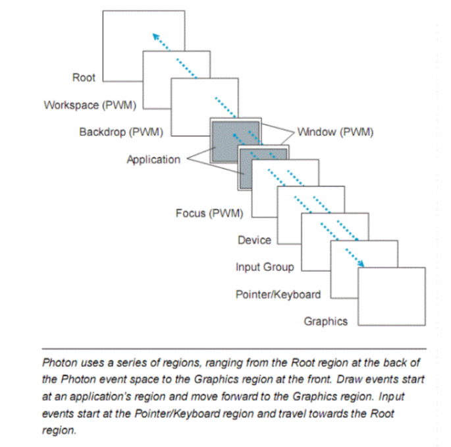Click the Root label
(x=84, y=78)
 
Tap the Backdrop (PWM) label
(x=121, y=131)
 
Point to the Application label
(x=153, y=160)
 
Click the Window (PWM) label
(x=335, y=131)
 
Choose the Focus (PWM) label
(x=209, y=213)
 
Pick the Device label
(x=254, y=240)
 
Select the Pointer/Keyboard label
(x=278, y=294)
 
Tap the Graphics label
(x=325, y=321)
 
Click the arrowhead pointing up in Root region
(x=153, y=36)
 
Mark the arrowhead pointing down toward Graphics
(x=361, y=264)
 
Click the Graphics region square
(x=392, y=296)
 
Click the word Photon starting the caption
(x=59, y=363)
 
